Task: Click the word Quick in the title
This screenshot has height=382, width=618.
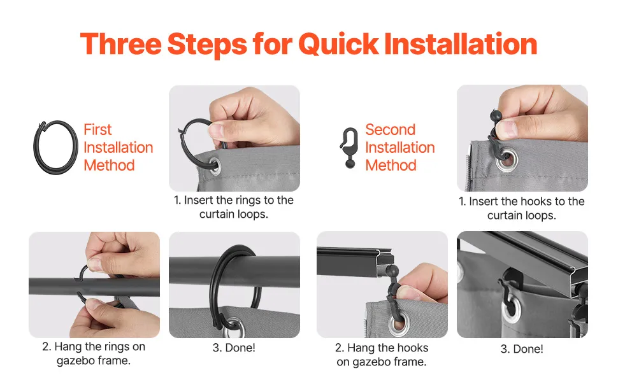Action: pos(338,45)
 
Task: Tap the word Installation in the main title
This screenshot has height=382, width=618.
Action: pos(461,43)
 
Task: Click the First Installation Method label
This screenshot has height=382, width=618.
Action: pos(119,147)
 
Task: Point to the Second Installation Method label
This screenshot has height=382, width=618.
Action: pos(400,147)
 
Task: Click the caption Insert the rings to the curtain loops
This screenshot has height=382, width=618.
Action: pos(234,207)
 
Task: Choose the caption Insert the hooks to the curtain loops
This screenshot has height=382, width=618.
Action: pos(521,208)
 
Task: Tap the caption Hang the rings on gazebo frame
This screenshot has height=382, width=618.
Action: pos(94,353)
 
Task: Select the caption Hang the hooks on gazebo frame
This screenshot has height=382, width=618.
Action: pos(382,355)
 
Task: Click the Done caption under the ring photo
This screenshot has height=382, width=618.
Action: pos(234,348)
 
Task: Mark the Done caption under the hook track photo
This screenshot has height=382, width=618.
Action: pos(522,349)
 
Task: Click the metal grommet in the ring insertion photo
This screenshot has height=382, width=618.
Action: pos(214,166)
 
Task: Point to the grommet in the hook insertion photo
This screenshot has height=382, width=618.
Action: pos(507,159)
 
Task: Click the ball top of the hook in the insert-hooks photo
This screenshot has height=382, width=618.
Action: pos(496,116)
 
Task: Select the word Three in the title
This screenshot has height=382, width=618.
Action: pos(120,44)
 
